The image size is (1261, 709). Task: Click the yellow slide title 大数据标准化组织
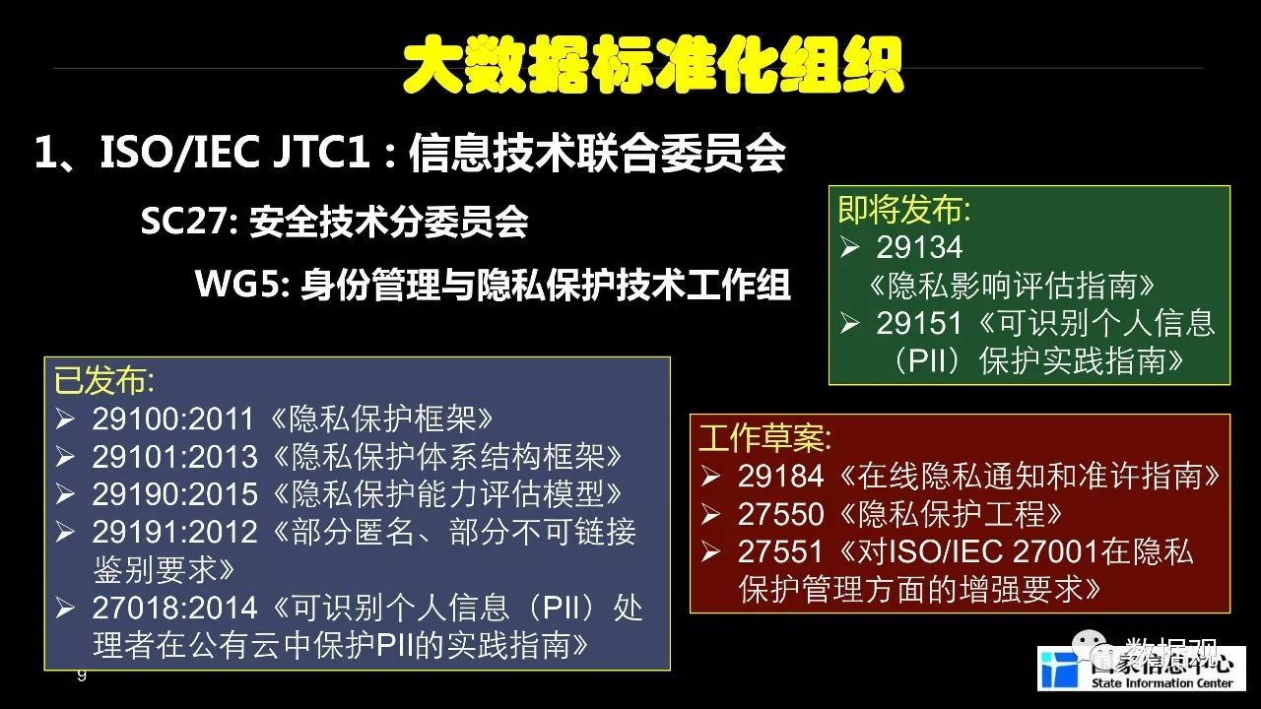(x=653, y=66)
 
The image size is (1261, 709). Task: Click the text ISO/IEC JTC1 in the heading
(x=234, y=153)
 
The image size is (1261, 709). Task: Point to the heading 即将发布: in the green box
(x=904, y=210)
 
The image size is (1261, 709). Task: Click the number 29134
(x=919, y=247)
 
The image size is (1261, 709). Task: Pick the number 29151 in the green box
(x=919, y=324)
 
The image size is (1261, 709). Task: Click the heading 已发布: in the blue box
(x=104, y=381)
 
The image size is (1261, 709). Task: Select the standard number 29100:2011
(x=172, y=419)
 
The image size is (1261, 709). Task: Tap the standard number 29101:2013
(x=174, y=457)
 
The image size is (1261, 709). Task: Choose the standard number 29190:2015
(x=174, y=494)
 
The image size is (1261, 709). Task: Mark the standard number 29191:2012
(x=174, y=532)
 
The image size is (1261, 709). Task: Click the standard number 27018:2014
(x=174, y=608)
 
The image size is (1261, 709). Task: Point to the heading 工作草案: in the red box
(x=764, y=438)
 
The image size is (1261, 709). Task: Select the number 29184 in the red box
(x=780, y=476)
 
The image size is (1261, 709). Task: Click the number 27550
(x=780, y=514)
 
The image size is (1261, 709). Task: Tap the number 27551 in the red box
(x=780, y=551)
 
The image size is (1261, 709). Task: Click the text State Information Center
(x=1161, y=683)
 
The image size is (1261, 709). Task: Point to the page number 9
(x=82, y=676)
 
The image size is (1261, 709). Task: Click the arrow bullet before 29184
(x=710, y=477)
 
